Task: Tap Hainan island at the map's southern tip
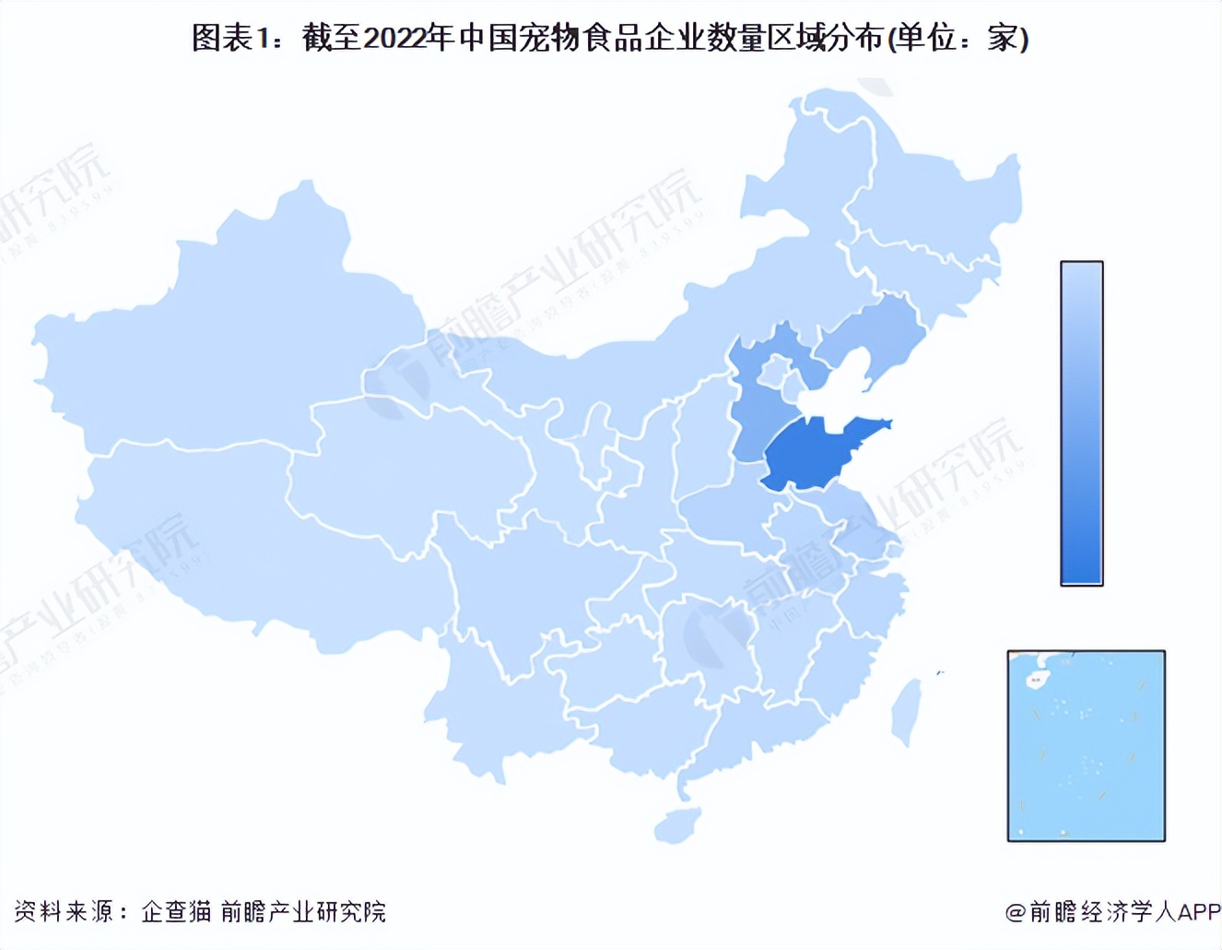pyautogui.click(x=677, y=824)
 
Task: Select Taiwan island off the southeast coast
pyautogui.click(x=907, y=710)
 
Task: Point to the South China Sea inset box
pyautogui.click(x=1086, y=745)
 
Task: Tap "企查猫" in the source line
pyautogui.click(x=176, y=911)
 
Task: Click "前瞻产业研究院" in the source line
pyautogui.click(x=303, y=911)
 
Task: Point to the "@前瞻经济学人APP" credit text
pyautogui.click(x=1112, y=911)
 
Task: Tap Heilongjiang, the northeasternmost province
pyautogui.click(x=931, y=194)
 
